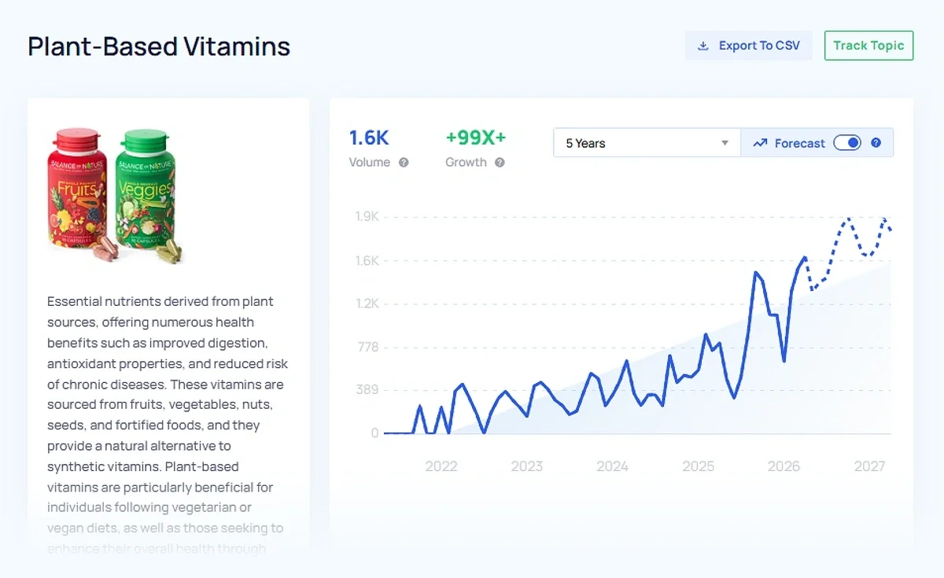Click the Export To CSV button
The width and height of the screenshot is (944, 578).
click(748, 46)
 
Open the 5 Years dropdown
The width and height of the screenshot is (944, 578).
click(647, 143)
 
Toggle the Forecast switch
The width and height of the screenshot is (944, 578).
click(847, 142)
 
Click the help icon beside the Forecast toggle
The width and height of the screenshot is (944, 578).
click(876, 143)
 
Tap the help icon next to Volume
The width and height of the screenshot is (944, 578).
click(404, 163)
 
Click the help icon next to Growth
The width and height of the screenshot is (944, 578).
click(500, 163)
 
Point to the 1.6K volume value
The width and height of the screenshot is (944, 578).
click(369, 138)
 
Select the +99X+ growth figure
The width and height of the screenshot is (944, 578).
click(475, 138)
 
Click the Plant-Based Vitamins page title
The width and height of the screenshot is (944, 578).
click(159, 46)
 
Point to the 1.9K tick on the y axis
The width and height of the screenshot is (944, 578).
click(367, 217)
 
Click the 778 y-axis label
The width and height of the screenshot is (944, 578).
click(368, 347)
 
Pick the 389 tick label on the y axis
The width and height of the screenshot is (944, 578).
click(367, 390)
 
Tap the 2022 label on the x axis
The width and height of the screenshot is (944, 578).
click(441, 466)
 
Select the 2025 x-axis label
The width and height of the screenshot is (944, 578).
click(698, 466)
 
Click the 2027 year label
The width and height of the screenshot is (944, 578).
click(869, 466)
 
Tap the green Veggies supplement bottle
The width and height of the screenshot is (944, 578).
click(145, 193)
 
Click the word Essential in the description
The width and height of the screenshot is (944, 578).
click(75, 301)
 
